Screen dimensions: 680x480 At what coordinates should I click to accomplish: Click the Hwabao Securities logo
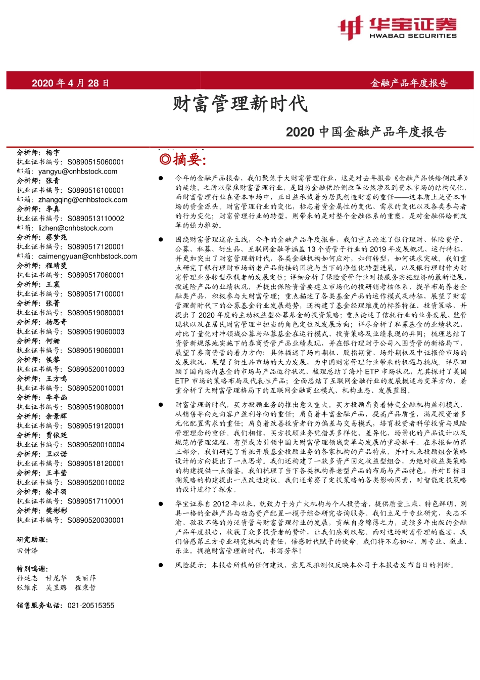click(x=397, y=28)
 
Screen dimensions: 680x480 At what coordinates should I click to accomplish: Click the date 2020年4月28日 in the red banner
click(x=70, y=83)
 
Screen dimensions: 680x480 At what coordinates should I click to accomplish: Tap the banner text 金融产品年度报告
click(x=409, y=83)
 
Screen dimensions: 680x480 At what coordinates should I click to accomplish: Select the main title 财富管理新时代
click(x=240, y=104)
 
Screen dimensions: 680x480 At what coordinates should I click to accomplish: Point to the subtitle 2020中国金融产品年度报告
click(x=366, y=132)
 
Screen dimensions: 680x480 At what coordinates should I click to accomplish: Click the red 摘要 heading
click(x=183, y=160)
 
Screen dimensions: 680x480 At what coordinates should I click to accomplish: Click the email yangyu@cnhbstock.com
click(x=78, y=172)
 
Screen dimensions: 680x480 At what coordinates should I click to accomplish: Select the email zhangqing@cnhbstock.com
click(x=83, y=200)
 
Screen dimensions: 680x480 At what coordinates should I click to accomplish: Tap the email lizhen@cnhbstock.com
click(x=76, y=228)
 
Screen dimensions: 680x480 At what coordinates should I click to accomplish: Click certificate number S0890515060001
click(x=95, y=162)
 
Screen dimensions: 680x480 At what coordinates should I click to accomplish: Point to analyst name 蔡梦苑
click(x=56, y=237)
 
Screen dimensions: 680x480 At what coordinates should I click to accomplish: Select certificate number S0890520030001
click(x=95, y=520)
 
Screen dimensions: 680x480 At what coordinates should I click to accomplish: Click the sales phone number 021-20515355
click(x=90, y=606)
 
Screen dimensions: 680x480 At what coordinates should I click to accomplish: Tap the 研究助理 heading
click(x=32, y=540)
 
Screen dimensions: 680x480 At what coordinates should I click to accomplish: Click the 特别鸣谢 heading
click(x=32, y=569)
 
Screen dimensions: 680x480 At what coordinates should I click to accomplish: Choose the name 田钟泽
click(x=27, y=550)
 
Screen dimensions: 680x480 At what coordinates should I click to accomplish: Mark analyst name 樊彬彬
click(x=56, y=511)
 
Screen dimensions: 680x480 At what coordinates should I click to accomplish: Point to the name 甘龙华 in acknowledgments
click(x=56, y=578)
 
